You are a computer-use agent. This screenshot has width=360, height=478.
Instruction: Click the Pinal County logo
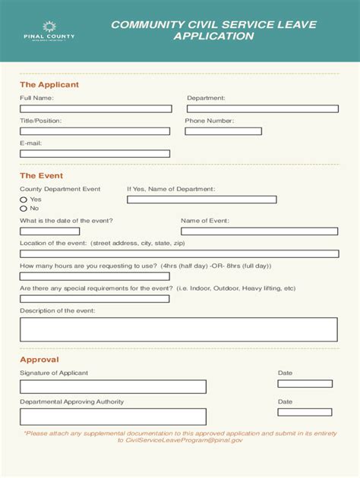click(49, 31)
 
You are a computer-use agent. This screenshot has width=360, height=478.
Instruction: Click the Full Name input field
click(95, 109)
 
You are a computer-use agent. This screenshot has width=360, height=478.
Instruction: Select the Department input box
click(262, 109)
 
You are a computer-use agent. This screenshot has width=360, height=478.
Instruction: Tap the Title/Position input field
click(95, 131)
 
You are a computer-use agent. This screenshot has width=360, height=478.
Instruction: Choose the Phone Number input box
click(223, 131)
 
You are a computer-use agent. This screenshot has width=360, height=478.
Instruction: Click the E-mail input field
click(95, 153)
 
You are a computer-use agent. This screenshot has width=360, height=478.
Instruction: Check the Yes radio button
click(24, 200)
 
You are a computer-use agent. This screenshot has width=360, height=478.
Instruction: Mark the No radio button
click(24, 208)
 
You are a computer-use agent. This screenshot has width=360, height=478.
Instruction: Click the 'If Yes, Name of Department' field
click(201, 200)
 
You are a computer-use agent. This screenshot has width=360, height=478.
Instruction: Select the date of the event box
click(49, 231)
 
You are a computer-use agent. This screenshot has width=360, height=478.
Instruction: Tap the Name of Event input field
click(259, 231)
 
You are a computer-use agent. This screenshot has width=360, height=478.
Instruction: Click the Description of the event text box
click(178, 329)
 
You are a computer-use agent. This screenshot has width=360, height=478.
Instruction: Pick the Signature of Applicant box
click(113, 387)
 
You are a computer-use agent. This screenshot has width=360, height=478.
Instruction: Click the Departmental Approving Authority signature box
click(113, 416)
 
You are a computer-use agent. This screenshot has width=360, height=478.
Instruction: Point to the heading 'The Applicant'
click(49, 85)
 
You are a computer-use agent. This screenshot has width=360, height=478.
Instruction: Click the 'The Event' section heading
click(41, 175)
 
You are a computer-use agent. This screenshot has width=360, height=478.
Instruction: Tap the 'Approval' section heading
click(39, 360)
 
